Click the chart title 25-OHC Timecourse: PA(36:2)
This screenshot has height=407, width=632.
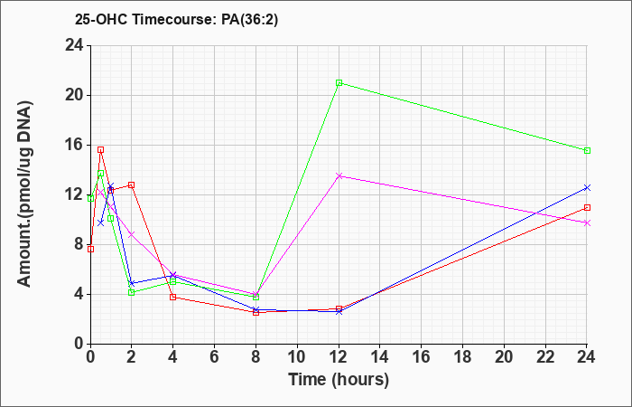176,20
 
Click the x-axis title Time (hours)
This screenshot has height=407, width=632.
339,380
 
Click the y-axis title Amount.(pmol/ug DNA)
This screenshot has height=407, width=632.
25,194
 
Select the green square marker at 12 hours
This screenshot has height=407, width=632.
339,83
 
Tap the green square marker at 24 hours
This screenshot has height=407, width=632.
587,151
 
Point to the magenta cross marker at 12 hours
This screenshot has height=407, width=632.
339,175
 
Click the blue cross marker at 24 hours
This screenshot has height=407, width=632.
587,188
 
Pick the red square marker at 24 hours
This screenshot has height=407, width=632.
587,207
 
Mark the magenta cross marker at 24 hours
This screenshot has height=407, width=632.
587,222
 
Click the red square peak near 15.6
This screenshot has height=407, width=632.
101,150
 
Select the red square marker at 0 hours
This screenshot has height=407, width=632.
90,249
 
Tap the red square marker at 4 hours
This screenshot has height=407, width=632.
173,298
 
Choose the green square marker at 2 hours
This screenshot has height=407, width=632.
132,292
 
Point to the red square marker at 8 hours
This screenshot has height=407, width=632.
256,312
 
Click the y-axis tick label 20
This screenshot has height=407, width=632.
75,96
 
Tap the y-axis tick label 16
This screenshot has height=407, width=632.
75,146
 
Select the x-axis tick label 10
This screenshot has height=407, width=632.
297,357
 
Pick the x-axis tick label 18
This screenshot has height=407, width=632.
462,357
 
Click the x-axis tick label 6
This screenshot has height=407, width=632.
215,357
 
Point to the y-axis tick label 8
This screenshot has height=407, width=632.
79,245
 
